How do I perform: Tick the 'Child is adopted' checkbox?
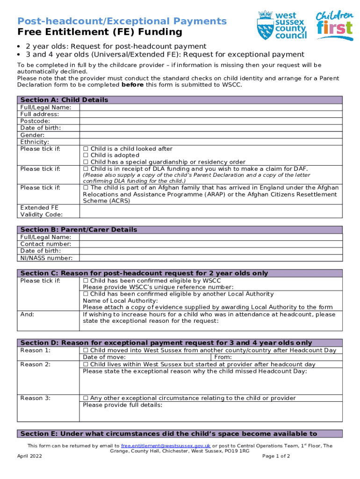(86, 155)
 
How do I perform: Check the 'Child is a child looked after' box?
(86, 149)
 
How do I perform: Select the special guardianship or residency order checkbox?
(86, 162)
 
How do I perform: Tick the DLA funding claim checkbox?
(86, 169)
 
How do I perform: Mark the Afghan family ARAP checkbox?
(86, 188)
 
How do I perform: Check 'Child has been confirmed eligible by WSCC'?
(86, 281)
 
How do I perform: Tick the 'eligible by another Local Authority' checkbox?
(86, 294)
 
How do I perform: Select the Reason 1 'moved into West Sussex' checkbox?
(86, 350)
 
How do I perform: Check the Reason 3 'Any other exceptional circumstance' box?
(86, 398)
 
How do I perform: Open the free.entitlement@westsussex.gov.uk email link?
(166, 446)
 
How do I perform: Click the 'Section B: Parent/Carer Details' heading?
(79, 230)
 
